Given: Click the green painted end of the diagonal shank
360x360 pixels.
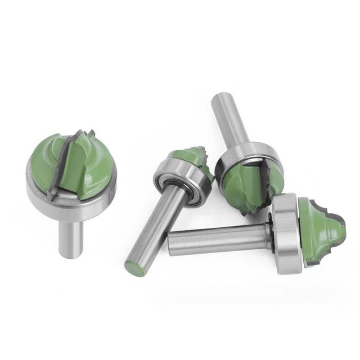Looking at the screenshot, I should click(x=132, y=268).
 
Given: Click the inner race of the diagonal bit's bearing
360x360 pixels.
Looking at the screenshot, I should click(x=176, y=180).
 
